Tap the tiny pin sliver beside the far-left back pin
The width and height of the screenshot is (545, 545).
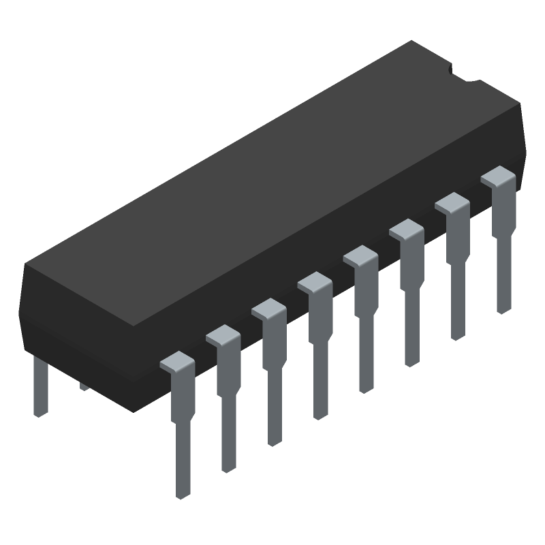coord(84,387)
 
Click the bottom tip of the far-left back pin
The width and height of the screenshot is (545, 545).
coord(40,412)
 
